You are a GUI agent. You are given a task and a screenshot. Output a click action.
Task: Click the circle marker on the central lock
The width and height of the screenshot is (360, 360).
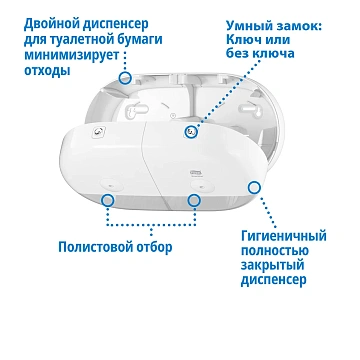[191, 129]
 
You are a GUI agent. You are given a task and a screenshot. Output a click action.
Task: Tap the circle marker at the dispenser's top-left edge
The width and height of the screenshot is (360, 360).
[125, 77]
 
